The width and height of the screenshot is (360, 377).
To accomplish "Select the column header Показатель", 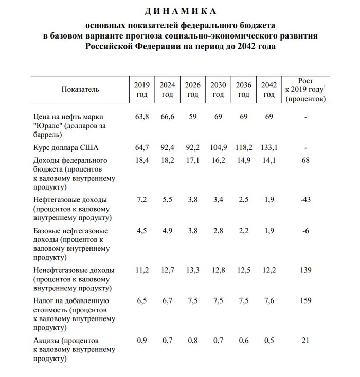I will pos(80,89).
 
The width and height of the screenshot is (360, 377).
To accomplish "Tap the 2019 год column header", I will pos(141,89).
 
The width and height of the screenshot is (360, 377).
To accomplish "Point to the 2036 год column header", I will pos(244,89).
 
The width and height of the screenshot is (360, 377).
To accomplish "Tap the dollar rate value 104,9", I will pos(218,148).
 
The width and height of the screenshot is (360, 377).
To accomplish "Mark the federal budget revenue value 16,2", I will pos(218,160).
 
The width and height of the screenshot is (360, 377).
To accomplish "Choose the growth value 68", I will pos(305,160).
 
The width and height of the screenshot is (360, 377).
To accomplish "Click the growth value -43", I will pos(305,199).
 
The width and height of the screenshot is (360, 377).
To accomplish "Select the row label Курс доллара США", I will pos(65,148).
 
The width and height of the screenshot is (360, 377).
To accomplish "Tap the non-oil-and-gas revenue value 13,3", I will pos(192,270).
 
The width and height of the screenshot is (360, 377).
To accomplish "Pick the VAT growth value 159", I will pos(305,300).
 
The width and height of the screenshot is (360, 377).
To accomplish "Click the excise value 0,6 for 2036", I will pos(244,340).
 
